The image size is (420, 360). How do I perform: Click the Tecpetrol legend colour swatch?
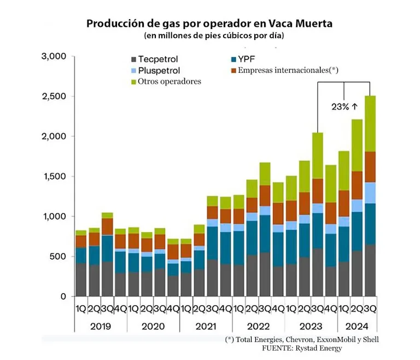(133, 59)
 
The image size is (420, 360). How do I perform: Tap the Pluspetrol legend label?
(159, 70)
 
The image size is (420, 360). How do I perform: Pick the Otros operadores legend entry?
(170, 82)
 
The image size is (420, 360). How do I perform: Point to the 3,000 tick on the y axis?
(54, 56)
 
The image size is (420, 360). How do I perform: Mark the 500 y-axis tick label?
(58, 256)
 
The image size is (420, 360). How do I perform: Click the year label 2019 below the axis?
(101, 327)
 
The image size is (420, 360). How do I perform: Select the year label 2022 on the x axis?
(259, 327)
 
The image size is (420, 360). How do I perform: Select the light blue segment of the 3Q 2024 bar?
(371, 193)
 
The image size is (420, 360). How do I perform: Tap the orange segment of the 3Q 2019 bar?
(107, 227)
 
